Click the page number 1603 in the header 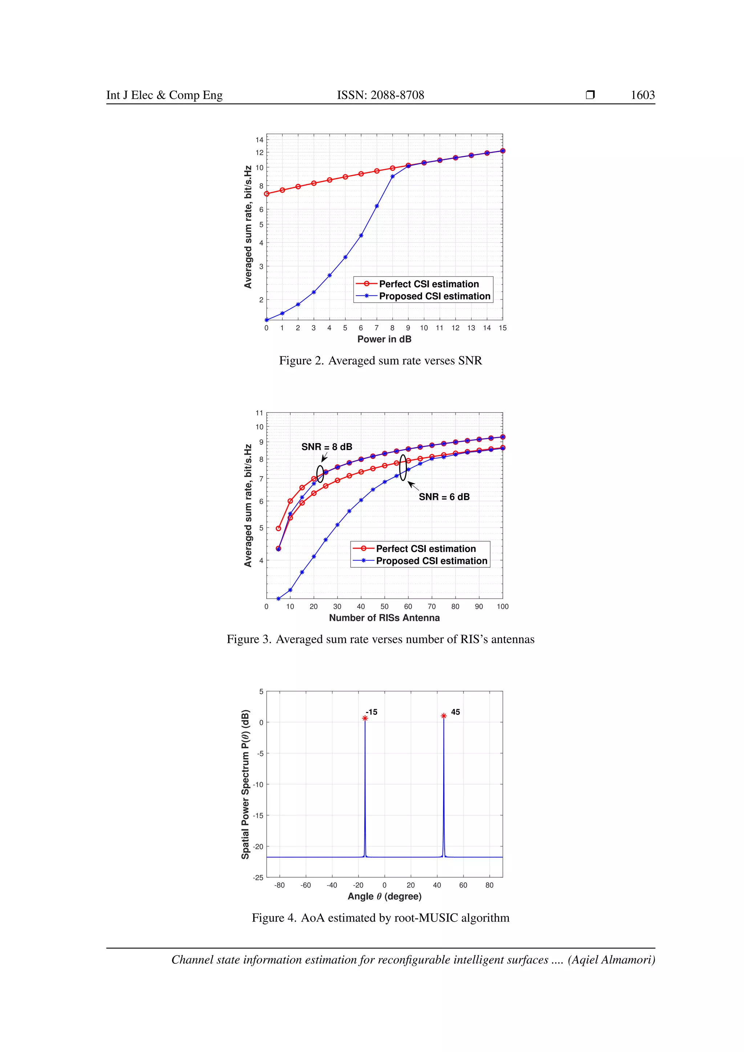(642, 95)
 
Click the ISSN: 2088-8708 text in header (380, 95)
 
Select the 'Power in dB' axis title (384, 339)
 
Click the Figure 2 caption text (380, 361)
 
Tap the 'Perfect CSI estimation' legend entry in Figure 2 (428, 284)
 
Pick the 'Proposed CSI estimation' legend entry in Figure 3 (431, 561)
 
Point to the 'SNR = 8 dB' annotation (327, 447)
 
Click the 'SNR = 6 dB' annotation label (444, 497)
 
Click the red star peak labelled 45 (444, 716)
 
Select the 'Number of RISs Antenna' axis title (384, 618)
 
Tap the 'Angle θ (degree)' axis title (384, 896)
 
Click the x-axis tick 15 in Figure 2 (502, 328)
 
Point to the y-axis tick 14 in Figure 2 (259, 140)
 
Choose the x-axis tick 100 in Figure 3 (502, 607)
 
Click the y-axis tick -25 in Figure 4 (258, 877)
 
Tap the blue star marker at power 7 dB (377, 206)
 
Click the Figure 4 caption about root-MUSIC (380, 918)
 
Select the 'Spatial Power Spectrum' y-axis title (246, 784)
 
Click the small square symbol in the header (590, 95)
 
